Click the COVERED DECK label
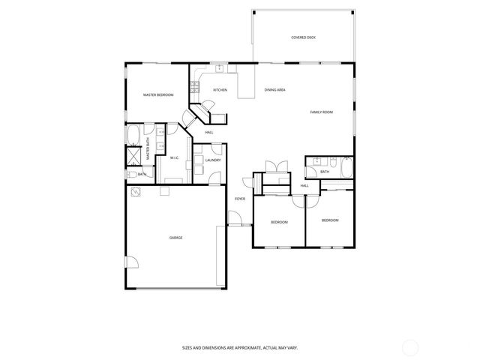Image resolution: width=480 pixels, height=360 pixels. tap(303, 37)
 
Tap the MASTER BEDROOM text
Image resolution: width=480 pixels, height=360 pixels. tap(158, 94)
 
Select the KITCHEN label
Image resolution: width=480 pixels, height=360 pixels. tap(220, 90)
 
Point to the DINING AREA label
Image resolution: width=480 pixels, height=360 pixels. tap(274, 90)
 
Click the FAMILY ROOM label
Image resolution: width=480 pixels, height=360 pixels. tap(322, 112)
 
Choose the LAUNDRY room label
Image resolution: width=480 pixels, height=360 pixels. tap(211, 160)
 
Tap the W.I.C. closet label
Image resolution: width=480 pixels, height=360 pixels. tap(174, 157)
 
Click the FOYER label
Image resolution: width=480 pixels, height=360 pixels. tap(240, 199)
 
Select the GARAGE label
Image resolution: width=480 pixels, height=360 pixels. tap(175, 237)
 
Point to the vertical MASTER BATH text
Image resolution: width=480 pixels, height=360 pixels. tap(148, 151)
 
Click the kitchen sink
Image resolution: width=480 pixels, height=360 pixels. tap(220, 68)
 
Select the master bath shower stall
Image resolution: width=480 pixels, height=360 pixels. tap(133, 155)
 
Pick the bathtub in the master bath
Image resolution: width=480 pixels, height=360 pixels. tap(133, 135)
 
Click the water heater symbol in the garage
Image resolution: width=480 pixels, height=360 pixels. tap(135, 191)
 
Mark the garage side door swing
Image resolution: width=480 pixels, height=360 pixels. tap(130, 262)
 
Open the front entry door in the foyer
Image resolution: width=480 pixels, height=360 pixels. tap(238, 219)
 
